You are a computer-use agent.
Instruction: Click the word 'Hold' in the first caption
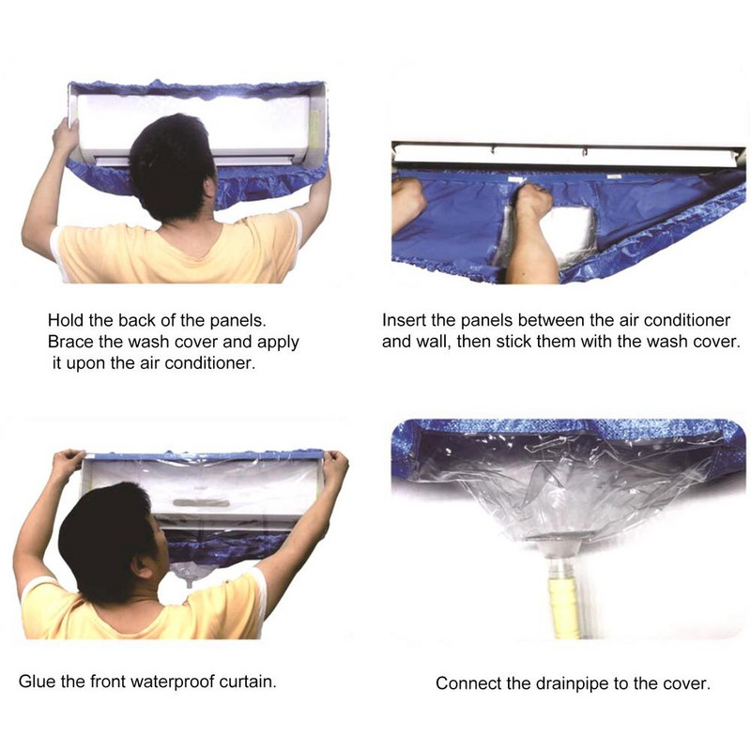[x=66, y=320]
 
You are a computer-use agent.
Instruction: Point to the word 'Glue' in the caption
[x=37, y=681]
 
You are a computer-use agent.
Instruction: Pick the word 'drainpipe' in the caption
[x=574, y=683]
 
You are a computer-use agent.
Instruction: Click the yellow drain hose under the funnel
[x=565, y=607]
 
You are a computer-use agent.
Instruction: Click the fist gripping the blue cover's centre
[x=530, y=201]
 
